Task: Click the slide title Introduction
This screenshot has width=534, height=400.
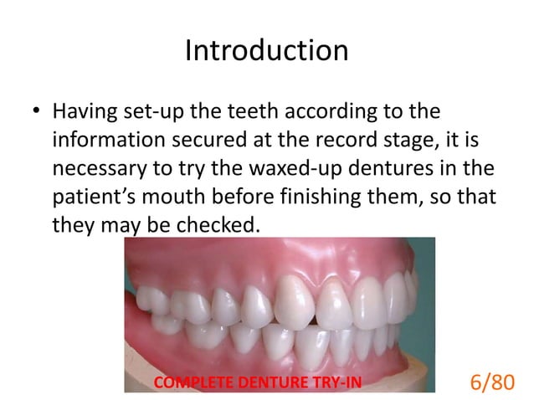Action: point(266,52)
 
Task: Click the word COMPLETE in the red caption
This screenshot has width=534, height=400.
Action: point(190,384)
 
